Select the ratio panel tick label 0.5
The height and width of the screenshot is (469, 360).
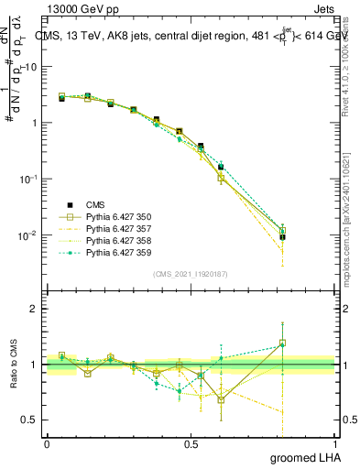[x=29, y=420]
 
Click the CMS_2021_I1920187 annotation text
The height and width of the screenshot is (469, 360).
[x=191, y=274]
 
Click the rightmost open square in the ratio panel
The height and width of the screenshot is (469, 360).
[x=282, y=344]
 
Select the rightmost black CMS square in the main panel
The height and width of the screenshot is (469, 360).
[x=282, y=237]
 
